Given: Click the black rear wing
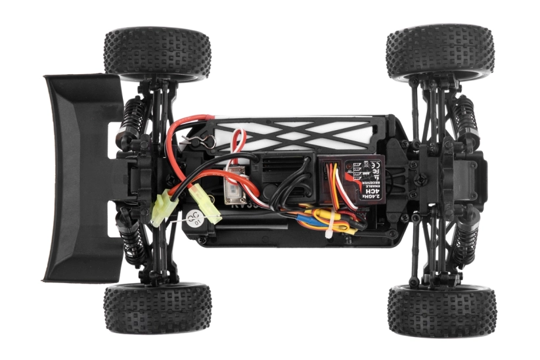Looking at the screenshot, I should (79, 177).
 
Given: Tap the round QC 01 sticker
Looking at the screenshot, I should (196, 218).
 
